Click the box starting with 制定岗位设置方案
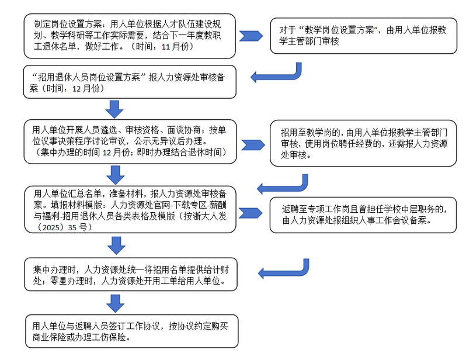tap(130, 36)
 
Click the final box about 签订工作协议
tap(130, 331)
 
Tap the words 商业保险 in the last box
tap(52, 337)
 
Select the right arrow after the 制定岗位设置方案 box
tap(253, 36)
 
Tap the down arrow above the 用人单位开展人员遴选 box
tap(114, 109)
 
